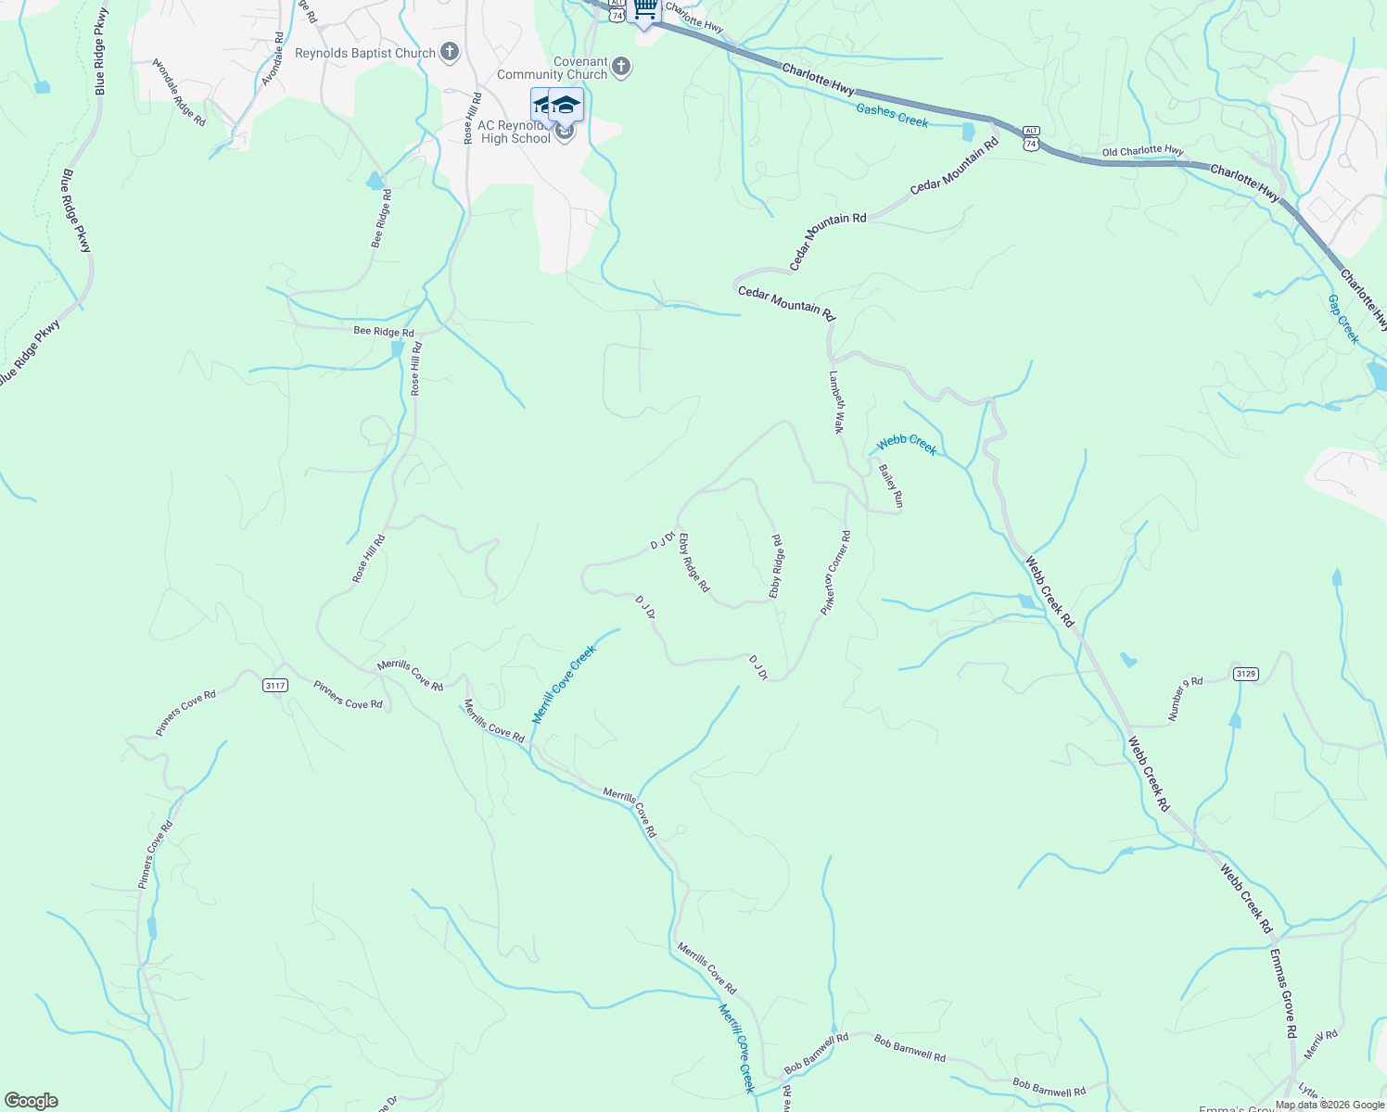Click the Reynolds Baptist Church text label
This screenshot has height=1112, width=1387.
364,53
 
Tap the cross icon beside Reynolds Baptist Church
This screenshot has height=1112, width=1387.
450,52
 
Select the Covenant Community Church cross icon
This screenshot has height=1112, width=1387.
621,67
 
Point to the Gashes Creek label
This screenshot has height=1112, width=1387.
892,116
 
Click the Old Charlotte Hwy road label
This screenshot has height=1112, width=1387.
1142,151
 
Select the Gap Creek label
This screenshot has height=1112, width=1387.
1342,319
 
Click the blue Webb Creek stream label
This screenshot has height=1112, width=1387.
907,444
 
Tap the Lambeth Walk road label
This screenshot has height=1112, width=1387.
836,403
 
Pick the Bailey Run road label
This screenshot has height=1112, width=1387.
890,486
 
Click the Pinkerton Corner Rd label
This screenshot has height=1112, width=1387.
835,573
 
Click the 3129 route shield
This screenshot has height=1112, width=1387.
1246,674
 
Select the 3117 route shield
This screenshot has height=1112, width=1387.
275,685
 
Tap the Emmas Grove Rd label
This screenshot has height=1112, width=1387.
1283,992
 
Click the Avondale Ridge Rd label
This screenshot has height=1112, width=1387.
179,93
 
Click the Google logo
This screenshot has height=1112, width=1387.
32,1101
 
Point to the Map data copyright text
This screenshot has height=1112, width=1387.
1330,1105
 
